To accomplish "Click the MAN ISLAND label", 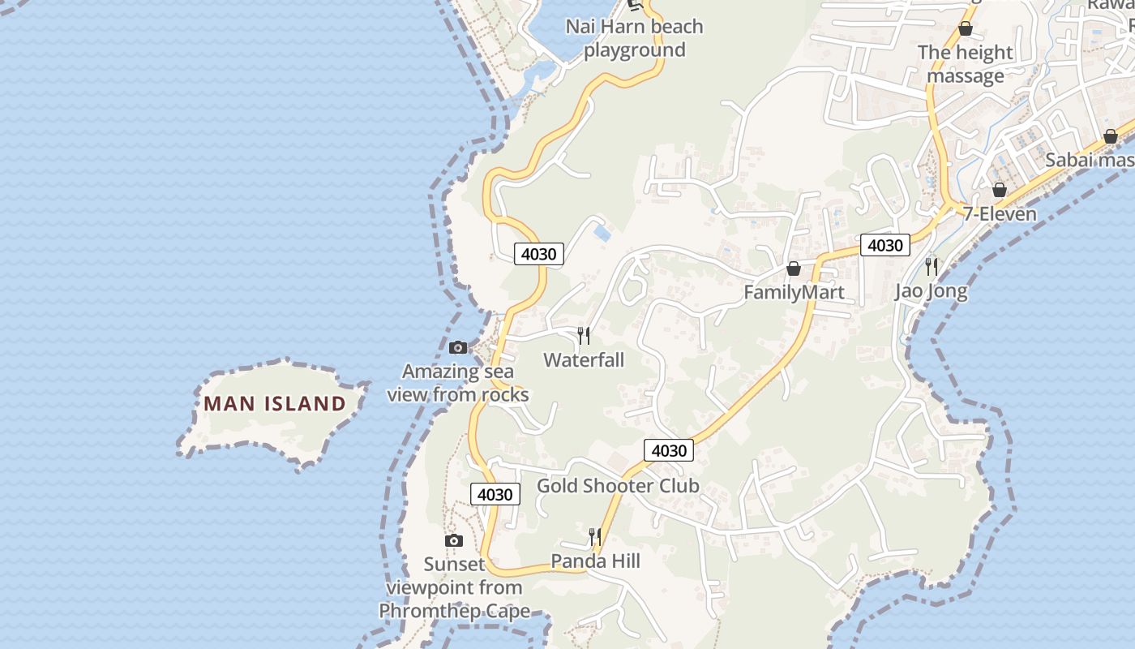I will [274, 403].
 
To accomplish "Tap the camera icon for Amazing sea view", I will [458, 348].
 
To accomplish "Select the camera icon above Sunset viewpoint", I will [454, 540].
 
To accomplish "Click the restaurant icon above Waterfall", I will [584, 335].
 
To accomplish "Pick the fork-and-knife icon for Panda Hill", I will [595, 537].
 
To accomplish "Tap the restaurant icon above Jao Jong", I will [932, 266].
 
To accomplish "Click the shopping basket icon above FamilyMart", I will [794, 269].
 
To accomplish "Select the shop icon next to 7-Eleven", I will [1000, 190].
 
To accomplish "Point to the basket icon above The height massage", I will [966, 29].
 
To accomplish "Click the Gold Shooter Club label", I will [618, 486].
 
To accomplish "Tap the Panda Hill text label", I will [595, 561].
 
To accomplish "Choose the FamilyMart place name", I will [794, 292].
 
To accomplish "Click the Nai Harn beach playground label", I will [634, 38].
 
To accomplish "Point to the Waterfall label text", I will [584, 359].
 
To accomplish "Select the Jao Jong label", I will [932, 291].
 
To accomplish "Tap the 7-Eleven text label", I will [1000, 214].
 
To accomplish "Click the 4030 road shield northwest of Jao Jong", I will [884, 245].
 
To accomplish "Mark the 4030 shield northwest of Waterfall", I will [538, 254].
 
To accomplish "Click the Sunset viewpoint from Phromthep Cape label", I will [454, 587].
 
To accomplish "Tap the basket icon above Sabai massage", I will [1111, 137].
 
